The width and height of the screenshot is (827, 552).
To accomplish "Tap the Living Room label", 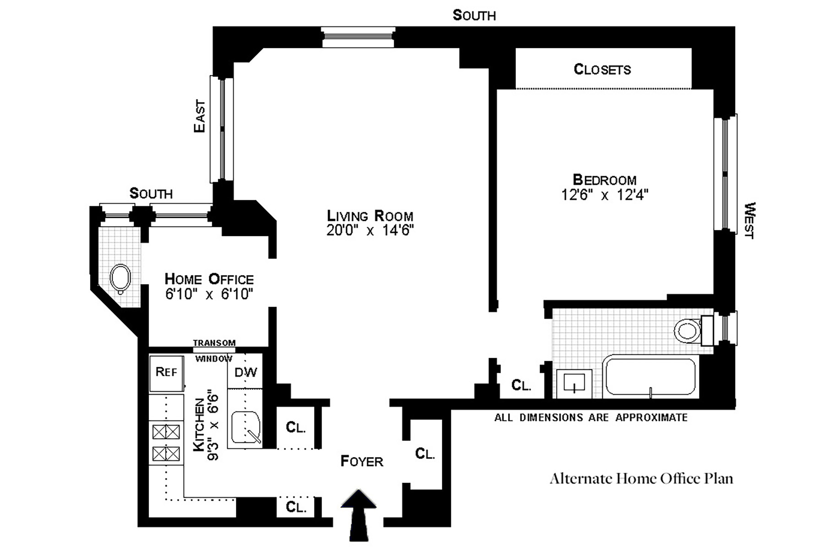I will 370,216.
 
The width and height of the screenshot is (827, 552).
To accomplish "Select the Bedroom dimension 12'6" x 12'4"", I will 605,195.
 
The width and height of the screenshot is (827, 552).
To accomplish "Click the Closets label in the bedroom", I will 602,69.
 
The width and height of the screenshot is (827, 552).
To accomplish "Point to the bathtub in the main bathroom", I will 650,376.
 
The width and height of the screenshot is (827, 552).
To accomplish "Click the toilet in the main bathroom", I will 687,330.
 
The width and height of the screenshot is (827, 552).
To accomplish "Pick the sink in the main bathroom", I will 574,383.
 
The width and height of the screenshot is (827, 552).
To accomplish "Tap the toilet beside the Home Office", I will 120,278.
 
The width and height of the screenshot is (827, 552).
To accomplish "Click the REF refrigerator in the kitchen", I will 166,372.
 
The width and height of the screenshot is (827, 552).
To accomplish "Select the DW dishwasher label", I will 246,372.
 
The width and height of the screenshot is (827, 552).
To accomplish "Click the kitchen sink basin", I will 246,428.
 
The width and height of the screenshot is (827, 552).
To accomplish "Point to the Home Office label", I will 209,279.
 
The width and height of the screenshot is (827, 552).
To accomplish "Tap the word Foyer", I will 361,461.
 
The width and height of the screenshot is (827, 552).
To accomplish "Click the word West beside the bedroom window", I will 749,221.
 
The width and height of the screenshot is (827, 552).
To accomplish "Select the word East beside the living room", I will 200,116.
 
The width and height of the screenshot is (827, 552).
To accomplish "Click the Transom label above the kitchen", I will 214,343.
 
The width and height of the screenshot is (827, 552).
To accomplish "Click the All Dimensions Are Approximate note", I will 591,418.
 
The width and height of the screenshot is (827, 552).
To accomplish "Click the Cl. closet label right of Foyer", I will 425,454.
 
